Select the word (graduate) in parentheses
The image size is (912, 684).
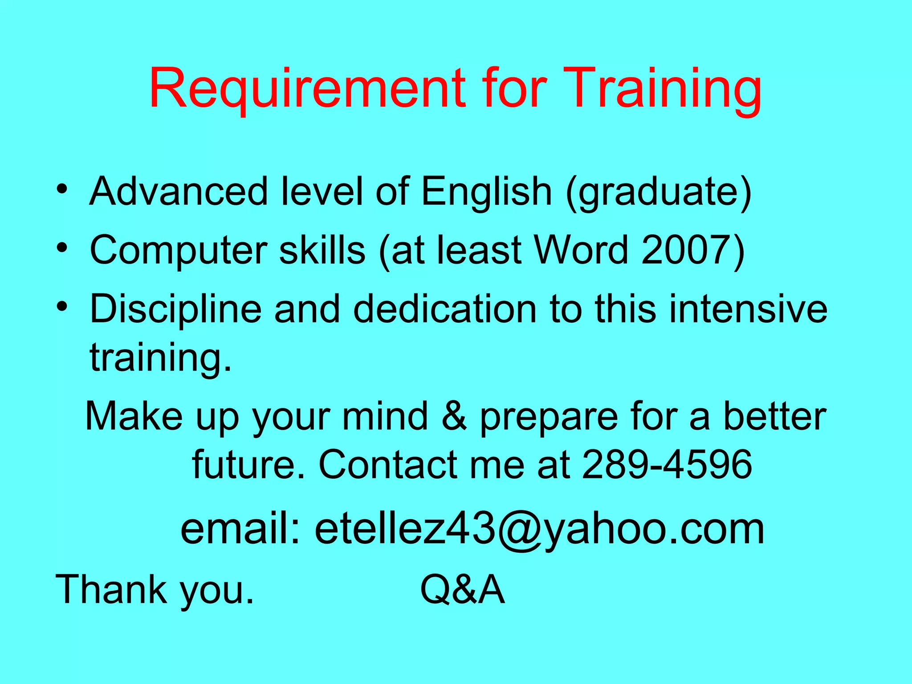(659, 192)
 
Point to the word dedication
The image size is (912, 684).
(445, 309)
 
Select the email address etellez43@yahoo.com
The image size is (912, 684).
(539, 529)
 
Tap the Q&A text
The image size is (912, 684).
(462, 590)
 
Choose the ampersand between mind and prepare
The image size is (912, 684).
(454, 416)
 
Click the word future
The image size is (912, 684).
(249, 464)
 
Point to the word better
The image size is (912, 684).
(774, 416)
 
